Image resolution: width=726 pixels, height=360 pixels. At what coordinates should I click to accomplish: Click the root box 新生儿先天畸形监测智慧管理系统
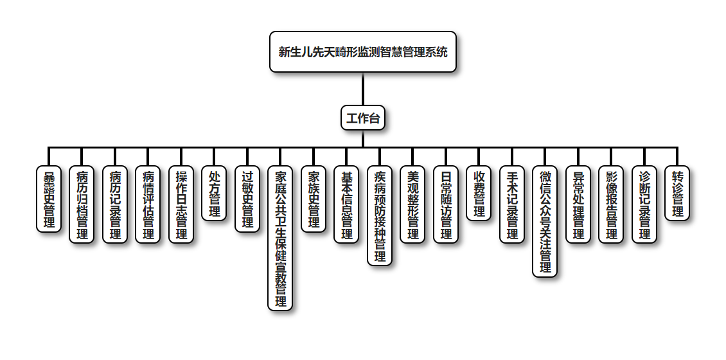(363, 52)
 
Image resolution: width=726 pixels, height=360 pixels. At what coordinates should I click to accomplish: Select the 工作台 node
(363, 118)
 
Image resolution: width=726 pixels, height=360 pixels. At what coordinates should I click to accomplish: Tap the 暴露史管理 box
(48, 199)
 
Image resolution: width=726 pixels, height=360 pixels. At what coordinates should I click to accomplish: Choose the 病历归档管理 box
(82, 204)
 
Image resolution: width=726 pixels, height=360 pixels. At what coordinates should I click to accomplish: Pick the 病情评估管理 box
(148, 204)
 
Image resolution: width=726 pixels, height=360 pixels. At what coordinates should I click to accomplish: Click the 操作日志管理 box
(182, 204)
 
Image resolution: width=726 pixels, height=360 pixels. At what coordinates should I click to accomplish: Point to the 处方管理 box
(215, 194)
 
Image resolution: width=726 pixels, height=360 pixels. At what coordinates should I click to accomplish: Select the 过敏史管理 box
(248, 199)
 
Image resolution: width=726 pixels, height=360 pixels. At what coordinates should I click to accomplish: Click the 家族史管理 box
(314, 199)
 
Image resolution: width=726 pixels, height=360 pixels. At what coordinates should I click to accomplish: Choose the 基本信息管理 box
(347, 204)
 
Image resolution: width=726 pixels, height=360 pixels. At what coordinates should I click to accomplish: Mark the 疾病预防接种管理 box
(380, 215)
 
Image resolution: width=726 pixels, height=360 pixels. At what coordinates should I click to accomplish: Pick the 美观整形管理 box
(413, 204)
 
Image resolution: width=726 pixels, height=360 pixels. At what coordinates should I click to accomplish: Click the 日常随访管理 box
(446, 204)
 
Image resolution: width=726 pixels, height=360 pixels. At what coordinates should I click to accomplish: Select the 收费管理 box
(479, 194)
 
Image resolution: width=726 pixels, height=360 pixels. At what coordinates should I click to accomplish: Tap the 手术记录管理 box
(512, 204)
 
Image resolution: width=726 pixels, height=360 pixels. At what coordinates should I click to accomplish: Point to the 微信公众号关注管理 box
(545, 221)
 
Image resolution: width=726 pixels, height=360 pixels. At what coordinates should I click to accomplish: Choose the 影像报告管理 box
(612, 204)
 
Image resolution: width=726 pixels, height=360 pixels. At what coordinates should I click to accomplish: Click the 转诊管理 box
(677, 194)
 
